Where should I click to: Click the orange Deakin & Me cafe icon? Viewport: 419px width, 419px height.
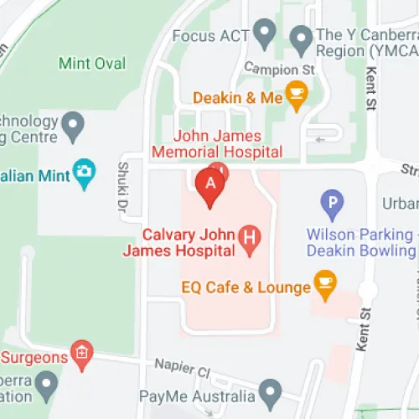295,95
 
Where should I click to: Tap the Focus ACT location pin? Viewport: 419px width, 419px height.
266,34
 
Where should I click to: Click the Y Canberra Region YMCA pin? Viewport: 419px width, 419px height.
301,38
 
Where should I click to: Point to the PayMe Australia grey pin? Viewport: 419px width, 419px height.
269,391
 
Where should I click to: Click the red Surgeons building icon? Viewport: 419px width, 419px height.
81,354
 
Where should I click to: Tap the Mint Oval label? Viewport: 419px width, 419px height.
92,64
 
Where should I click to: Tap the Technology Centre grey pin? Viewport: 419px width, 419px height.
75,127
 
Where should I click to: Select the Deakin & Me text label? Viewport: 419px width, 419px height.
238,98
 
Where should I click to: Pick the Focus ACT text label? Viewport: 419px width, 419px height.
210,37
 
